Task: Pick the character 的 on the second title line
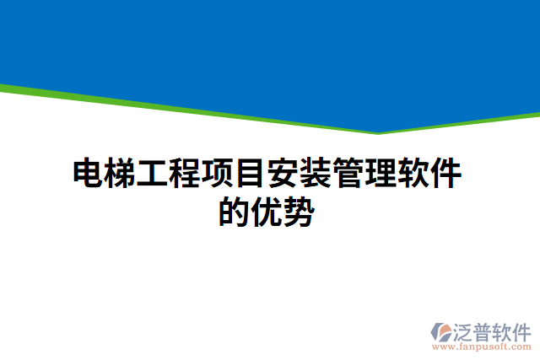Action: coord(235,212)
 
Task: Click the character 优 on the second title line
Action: coord(267,212)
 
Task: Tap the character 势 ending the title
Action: coord(300,212)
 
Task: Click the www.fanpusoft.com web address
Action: coord(481,347)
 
